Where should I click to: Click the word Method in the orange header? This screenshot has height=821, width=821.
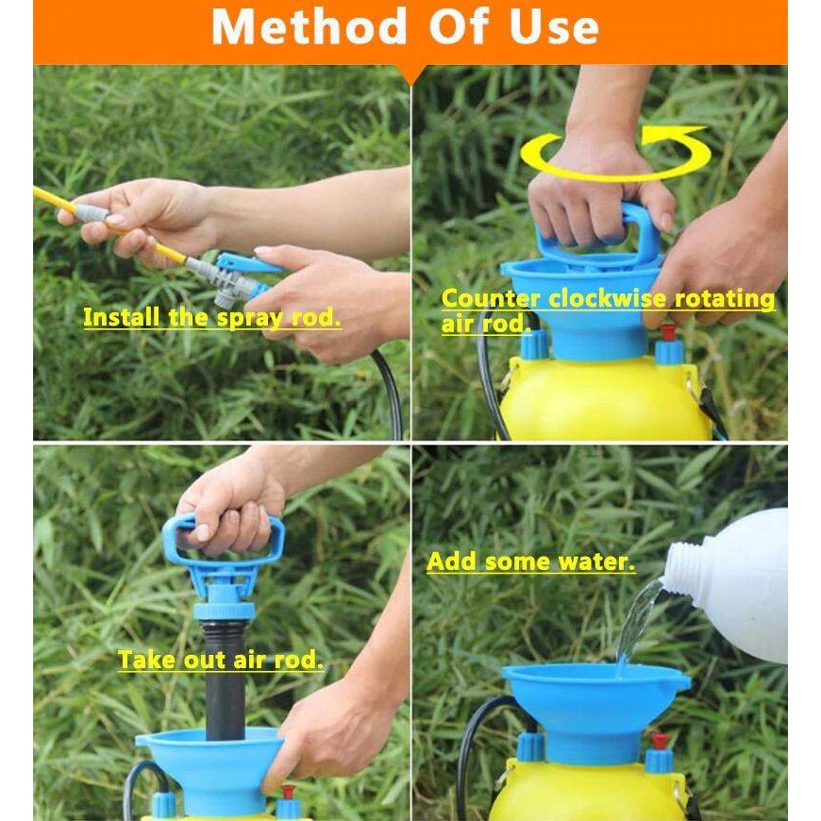tap(309, 26)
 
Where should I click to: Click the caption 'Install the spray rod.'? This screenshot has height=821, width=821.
tap(212, 318)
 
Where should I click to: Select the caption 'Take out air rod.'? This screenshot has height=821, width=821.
tap(221, 660)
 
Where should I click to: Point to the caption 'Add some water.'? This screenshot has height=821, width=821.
tap(531, 561)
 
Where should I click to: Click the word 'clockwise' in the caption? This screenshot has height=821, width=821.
tap(608, 298)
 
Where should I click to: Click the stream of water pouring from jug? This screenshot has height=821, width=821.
tap(636, 620)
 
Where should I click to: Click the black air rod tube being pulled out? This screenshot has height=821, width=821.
tap(226, 680)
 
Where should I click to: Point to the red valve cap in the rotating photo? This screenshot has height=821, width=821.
tap(667, 332)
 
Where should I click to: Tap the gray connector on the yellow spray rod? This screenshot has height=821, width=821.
tap(92, 212)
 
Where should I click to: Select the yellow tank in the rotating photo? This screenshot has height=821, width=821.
tap(602, 398)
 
